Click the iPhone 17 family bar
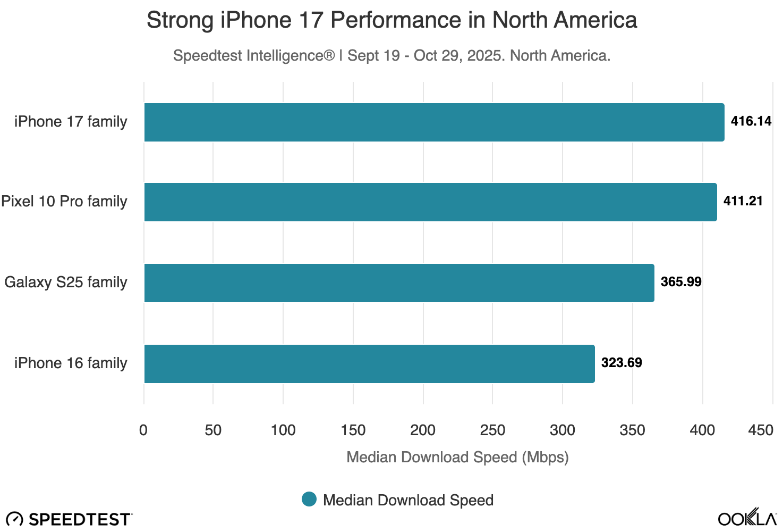pos(434,122)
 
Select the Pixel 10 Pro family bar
pos(430,202)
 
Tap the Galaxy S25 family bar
pos(399,283)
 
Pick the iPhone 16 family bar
pos(369,364)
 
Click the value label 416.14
pos(751,121)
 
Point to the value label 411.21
pos(743,201)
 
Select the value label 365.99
pos(680,282)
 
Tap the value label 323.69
pos(621,363)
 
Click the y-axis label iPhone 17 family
pos(71,122)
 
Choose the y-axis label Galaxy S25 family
pos(66,282)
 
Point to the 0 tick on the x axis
pos(143,430)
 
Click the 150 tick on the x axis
pos(353,430)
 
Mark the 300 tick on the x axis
pos(563,430)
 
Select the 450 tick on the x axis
pos(761,430)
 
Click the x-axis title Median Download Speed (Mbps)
pos(457,458)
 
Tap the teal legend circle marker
pos(309,500)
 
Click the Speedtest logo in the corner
pos(69,519)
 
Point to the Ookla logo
pos(747,518)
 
